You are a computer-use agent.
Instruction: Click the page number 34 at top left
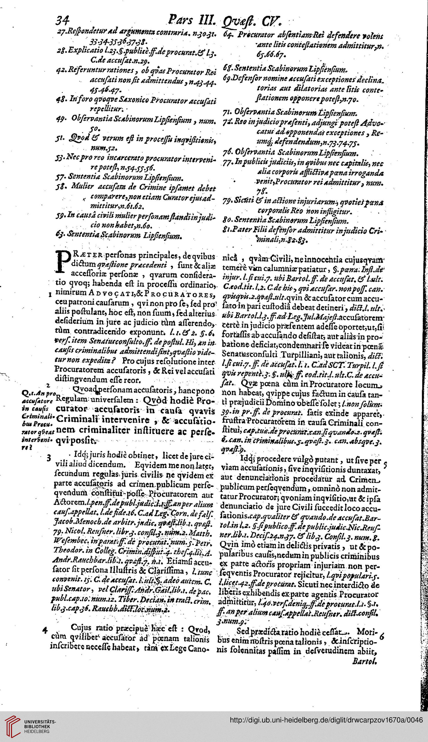62,20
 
